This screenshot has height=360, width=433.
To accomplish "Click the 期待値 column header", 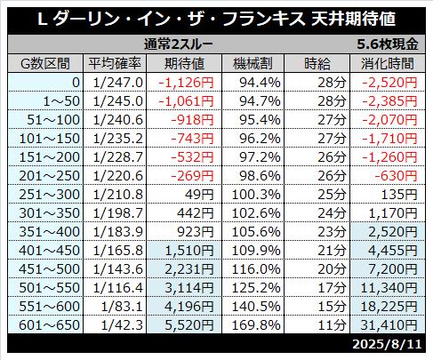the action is [x=184, y=63].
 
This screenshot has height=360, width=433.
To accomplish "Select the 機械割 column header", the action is [x=253, y=63].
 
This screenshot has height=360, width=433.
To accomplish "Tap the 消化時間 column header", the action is [x=388, y=63].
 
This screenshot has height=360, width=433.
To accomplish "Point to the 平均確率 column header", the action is [x=115, y=63].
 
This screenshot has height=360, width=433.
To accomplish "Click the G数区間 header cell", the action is [x=45, y=63].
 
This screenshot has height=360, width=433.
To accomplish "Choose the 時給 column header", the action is [x=317, y=63].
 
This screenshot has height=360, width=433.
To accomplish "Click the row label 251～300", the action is [x=50, y=195].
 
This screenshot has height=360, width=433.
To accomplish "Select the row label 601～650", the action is [x=50, y=325].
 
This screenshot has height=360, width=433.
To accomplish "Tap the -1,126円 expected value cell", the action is [x=186, y=83].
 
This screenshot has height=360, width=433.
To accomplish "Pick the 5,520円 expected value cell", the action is [x=189, y=325].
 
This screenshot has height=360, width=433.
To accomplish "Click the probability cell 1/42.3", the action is [x=122, y=325].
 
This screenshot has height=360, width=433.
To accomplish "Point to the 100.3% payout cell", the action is [x=256, y=195].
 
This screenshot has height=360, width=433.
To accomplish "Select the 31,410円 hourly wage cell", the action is [x=389, y=325].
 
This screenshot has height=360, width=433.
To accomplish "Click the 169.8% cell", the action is [x=256, y=325].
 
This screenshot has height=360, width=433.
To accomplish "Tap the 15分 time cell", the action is [x=332, y=307].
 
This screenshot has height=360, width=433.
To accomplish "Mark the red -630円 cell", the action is [x=396, y=176].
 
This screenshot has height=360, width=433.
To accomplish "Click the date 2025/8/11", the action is [x=387, y=344].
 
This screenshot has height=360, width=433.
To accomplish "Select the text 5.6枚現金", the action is [x=388, y=44].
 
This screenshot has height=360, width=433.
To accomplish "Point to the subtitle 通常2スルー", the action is [x=179, y=44].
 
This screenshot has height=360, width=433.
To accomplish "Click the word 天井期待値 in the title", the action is [x=353, y=19].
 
